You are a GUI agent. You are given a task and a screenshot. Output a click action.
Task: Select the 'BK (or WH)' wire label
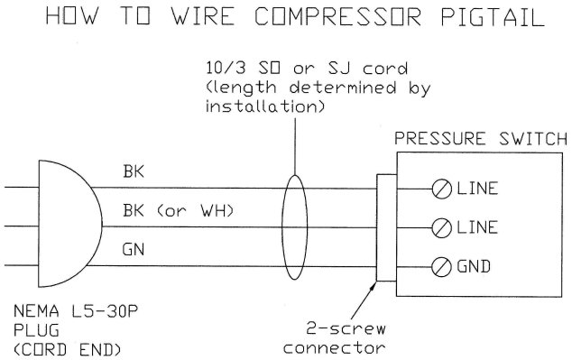[x=177, y=211]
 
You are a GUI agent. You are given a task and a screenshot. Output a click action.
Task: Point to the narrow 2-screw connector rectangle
[x=383, y=226]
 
